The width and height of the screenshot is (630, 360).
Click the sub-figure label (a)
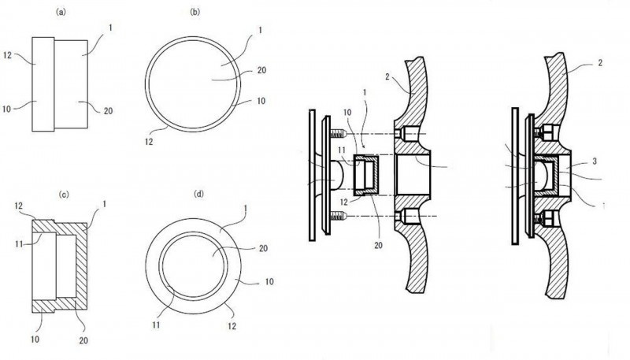pyautogui.click(x=60, y=13)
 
